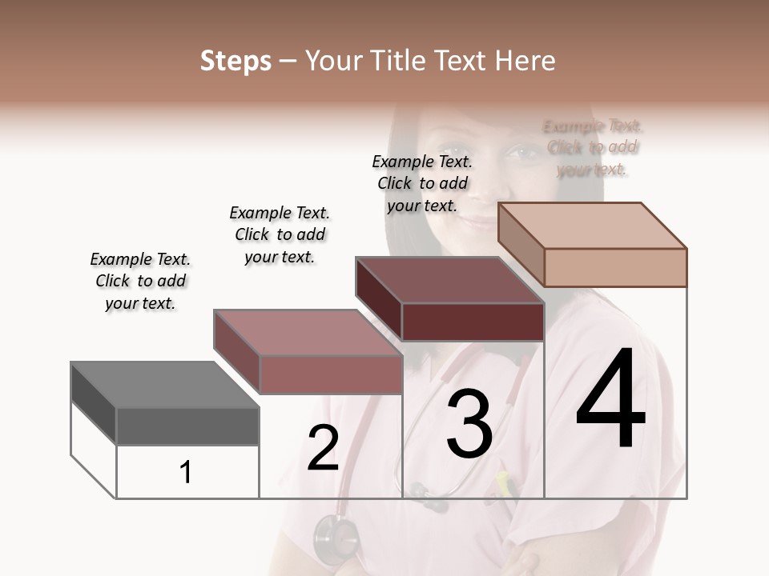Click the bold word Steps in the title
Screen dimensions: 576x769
click(x=236, y=61)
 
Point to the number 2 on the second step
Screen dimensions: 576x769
click(x=324, y=448)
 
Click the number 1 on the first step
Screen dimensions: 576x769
click(x=186, y=472)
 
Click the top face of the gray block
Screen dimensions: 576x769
click(x=164, y=385)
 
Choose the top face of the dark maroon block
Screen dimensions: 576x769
click(x=449, y=281)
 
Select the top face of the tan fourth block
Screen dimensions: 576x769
click(x=592, y=226)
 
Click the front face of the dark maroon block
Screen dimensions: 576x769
click(x=473, y=322)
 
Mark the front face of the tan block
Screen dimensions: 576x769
click(x=615, y=267)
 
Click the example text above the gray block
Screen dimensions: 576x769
click(x=140, y=281)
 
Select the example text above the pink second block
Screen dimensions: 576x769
click(x=280, y=234)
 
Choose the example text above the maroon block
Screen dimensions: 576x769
click(x=422, y=183)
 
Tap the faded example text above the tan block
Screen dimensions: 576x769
click(x=593, y=148)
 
